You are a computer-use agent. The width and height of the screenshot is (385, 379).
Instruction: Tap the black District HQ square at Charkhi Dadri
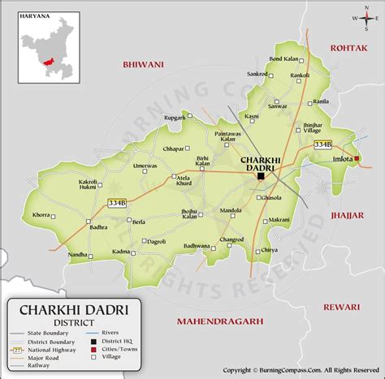261,176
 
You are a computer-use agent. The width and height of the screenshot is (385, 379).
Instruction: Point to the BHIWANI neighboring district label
143,64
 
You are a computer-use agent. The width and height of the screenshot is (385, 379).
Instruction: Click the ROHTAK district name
349,49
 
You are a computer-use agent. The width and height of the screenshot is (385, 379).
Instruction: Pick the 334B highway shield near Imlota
322,144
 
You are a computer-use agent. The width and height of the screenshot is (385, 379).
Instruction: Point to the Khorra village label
41,215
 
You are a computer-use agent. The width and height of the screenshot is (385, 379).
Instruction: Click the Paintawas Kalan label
228,136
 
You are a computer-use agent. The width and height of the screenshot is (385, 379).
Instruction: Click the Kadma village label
122,252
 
